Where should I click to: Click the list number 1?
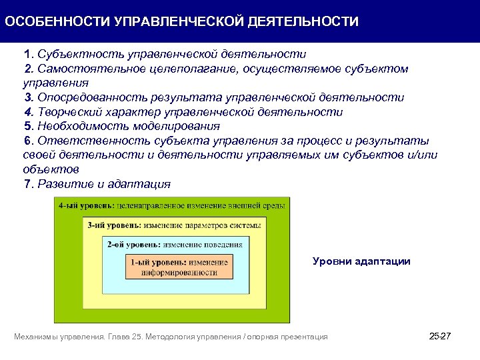[27, 54]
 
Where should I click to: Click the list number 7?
[27, 184]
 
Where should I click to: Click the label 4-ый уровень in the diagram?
[86, 207]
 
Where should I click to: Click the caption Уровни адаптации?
[361, 261]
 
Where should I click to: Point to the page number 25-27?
[441, 337]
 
